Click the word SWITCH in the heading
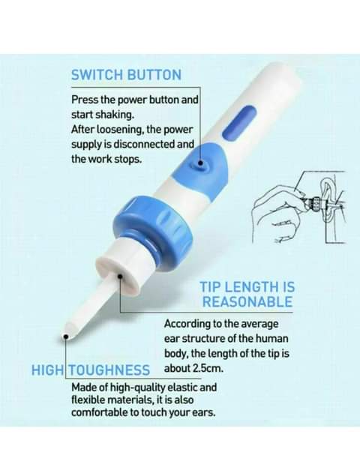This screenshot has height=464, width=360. [x=97, y=74]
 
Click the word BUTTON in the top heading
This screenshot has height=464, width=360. [x=154, y=74]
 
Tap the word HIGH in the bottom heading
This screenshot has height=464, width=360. [x=46, y=370]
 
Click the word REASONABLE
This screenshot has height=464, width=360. [x=247, y=301]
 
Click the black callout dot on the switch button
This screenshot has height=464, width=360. [x=200, y=163]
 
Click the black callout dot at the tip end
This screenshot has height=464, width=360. [x=66, y=337]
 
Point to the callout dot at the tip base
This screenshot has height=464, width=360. [x=120, y=277]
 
